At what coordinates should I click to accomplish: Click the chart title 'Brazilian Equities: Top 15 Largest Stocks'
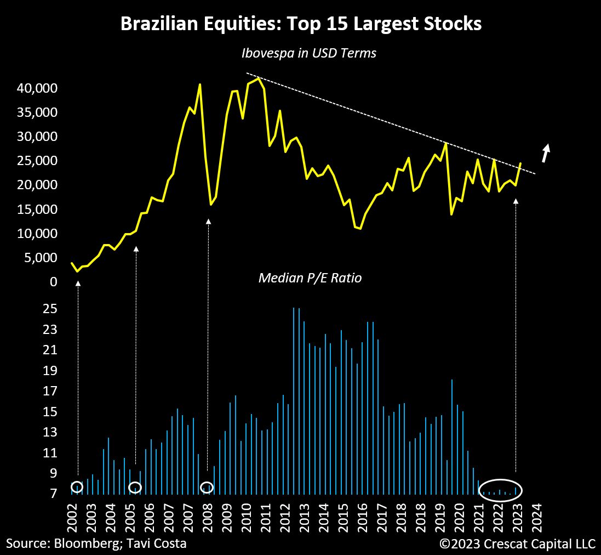click(301, 24)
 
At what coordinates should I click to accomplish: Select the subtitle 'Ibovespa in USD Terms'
click(308, 54)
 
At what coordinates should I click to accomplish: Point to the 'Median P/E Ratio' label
click(310, 278)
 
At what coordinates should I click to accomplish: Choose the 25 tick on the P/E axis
click(50, 309)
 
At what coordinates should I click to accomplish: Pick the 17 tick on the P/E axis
click(50, 391)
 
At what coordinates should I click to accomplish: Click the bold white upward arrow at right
click(545, 153)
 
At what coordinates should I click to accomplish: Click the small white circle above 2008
click(207, 487)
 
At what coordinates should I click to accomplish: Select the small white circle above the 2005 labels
click(135, 487)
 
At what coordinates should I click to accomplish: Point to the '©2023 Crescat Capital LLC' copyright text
click(517, 543)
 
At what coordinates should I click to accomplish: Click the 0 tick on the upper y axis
click(53, 282)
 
